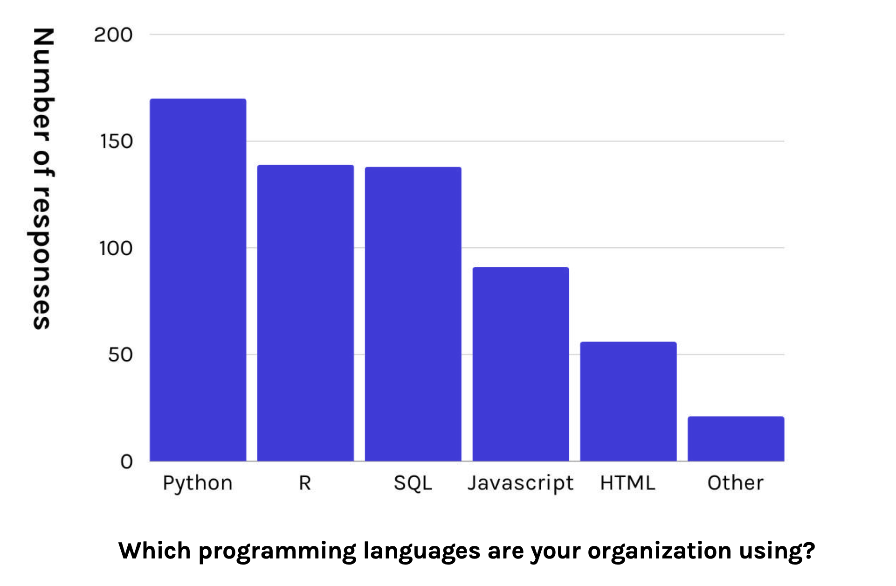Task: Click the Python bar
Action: tap(198, 280)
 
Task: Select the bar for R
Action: tap(305, 313)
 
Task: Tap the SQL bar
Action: tap(413, 314)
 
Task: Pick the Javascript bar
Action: tap(521, 364)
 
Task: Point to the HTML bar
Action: tap(628, 401)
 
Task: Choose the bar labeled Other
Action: tap(736, 439)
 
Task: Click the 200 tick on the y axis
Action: tap(113, 35)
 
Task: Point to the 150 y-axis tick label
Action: tap(116, 141)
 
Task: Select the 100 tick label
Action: tap(116, 248)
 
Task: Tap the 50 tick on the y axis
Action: tap(120, 355)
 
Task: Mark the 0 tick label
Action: tap(126, 462)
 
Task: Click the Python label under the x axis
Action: tap(198, 483)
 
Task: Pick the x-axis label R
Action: tap(305, 483)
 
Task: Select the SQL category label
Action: tap(413, 483)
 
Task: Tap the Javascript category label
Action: tap(521, 483)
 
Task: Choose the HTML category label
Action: tap(628, 483)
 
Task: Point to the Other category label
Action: tap(736, 483)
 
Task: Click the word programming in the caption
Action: tap(277, 551)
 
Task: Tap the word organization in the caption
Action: tap(659, 551)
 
